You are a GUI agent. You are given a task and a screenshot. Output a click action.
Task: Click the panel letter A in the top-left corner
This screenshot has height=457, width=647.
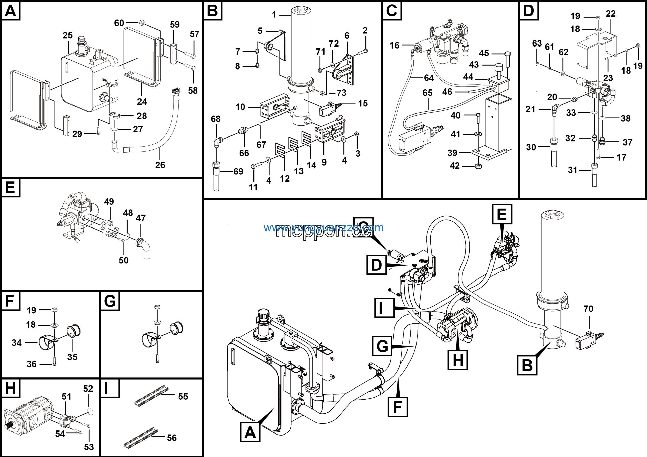(11, 11)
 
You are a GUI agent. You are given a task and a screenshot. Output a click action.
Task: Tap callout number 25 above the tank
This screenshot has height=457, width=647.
(68, 35)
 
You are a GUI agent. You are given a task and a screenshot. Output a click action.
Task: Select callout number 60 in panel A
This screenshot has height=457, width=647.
(119, 23)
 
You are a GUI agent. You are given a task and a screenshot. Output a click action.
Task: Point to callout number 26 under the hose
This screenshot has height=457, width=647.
(160, 165)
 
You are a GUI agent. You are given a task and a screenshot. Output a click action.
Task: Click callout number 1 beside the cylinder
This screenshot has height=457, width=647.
(274, 15)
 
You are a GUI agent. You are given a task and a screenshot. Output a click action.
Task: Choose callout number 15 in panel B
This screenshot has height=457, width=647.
(363, 103)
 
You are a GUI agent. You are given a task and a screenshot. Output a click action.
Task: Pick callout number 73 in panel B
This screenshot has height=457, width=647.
(341, 93)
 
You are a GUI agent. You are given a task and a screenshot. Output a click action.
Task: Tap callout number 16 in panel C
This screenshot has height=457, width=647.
(395, 45)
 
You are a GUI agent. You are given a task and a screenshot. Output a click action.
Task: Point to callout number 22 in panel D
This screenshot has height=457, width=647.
(610, 14)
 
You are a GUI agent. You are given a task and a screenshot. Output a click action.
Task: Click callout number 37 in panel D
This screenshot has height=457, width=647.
(628, 142)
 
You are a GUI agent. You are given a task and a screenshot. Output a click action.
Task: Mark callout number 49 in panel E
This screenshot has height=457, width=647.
(109, 201)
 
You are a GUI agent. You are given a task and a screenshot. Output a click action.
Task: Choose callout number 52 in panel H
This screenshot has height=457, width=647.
(88, 389)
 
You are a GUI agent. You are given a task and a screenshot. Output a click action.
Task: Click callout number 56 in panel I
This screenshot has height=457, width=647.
(172, 438)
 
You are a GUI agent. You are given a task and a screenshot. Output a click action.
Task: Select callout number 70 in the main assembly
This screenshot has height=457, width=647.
(588, 309)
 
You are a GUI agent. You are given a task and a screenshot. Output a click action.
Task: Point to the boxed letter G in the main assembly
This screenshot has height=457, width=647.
(382, 346)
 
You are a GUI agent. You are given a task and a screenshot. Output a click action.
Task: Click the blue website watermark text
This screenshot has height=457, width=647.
(323, 227)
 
